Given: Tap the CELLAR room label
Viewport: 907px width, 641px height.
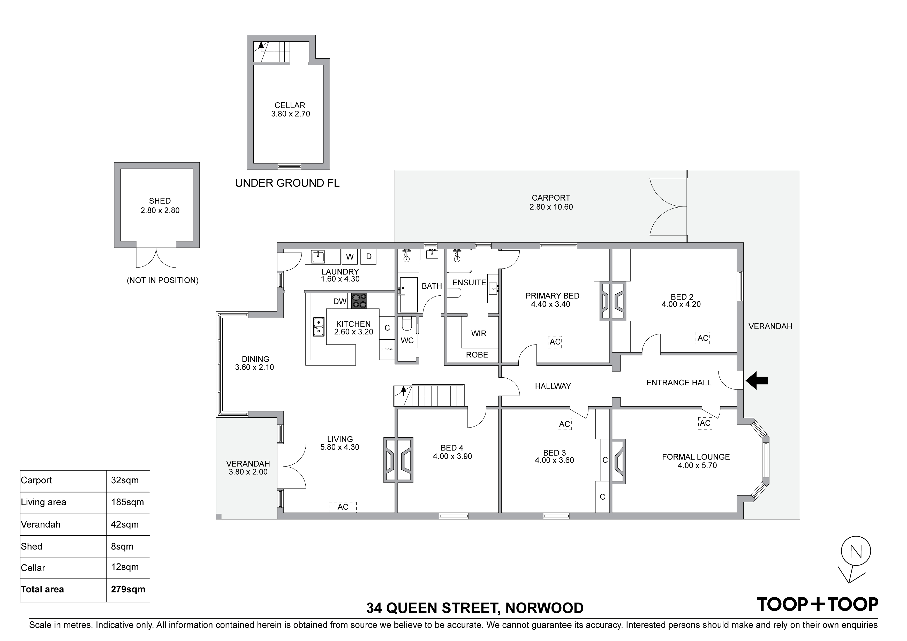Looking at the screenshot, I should (x=290, y=105).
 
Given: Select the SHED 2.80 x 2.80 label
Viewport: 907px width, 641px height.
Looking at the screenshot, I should (x=160, y=205).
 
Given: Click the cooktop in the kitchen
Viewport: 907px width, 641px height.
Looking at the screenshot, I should (x=359, y=301).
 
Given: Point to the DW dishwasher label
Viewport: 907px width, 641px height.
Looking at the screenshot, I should (x=340, y=302).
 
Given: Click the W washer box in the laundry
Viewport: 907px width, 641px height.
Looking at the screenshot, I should (x=350, y=257).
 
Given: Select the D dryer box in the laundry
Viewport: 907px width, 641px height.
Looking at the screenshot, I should (x=369, y=257).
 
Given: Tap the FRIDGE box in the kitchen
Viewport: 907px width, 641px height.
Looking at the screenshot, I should (x=387, y=349).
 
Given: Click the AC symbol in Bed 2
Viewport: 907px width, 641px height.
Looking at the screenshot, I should (x=703, y=338).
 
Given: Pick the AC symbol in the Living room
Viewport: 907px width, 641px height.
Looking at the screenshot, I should (x=343, y=507).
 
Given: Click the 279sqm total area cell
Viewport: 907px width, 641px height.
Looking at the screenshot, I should (x=128, y=589).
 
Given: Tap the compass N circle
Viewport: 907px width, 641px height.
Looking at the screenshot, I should (x=856, y=551).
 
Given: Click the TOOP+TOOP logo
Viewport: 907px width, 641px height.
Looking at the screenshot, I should (x=817, y=604).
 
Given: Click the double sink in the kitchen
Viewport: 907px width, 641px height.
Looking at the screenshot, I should (x=318, y=327).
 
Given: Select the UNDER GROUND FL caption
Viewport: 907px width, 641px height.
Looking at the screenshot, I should (x=287, y=183).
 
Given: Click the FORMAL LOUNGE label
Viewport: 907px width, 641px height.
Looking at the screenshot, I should (x=696, y=457).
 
